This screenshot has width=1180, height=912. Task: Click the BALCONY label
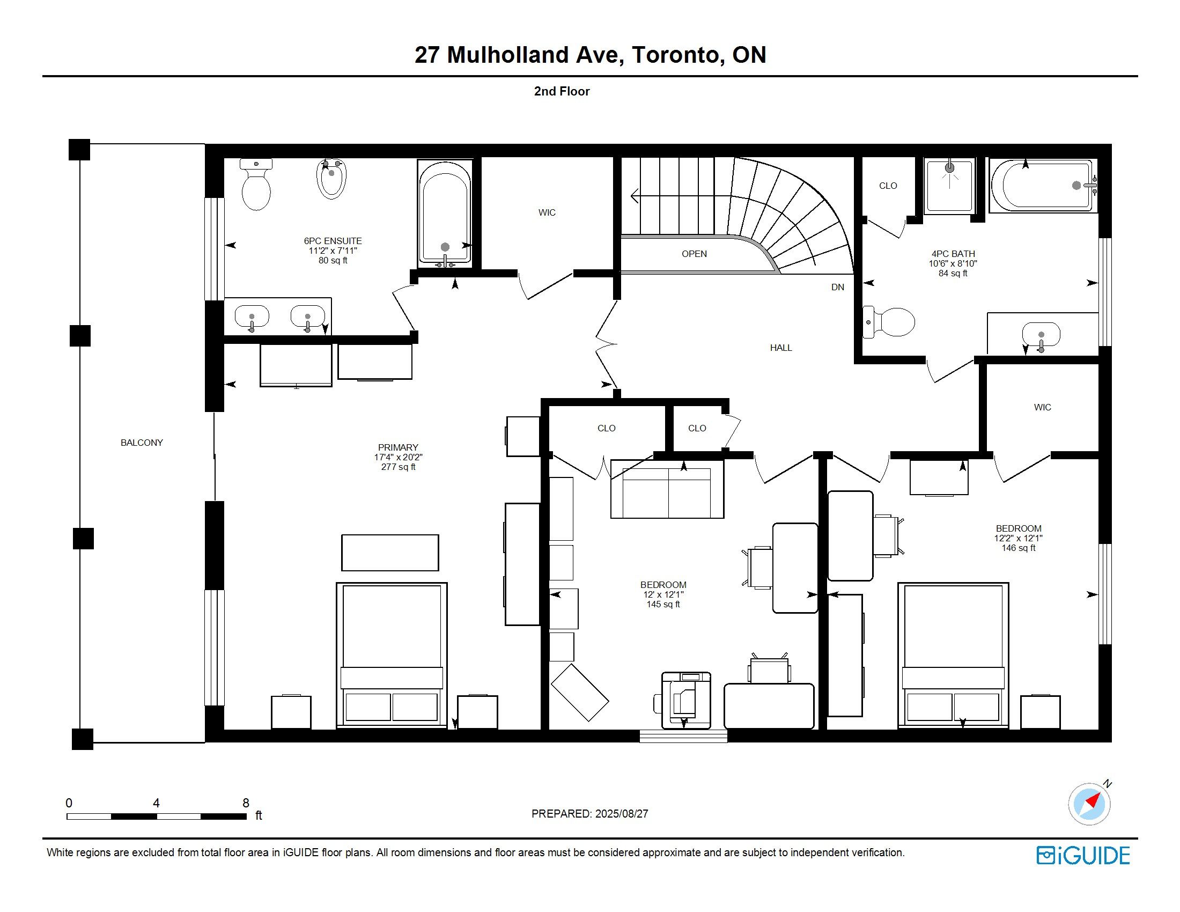(142, 443)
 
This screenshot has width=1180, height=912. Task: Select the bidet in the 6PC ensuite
(331, 179)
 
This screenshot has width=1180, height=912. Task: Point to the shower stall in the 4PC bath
(950, 186)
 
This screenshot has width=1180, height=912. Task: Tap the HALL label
(781, 348)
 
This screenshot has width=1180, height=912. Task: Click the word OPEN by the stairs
(694, 254)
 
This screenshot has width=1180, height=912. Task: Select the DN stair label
(837, 287)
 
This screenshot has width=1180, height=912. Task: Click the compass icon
(1090, 804)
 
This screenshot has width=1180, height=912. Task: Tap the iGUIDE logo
(1083, 856)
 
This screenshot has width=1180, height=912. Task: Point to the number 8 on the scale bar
(246, 803)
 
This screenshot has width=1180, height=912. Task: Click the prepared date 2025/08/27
(621, 814)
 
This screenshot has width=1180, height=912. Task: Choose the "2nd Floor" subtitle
(562, 91)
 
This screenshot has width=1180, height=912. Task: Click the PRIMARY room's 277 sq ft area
(398, 467)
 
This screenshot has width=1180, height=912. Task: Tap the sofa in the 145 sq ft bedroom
(667, 489)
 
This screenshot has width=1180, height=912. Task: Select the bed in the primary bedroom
(392, 656)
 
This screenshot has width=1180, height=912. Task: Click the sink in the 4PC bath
(1041, 335)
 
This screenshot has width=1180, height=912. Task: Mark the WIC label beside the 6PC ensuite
(547, 213)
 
